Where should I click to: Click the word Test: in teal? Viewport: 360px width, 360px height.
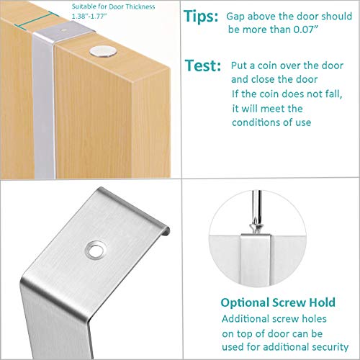coord(202,66)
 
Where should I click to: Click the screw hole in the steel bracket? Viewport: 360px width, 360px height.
coord(94,248)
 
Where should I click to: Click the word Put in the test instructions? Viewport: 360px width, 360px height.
coord(239,64)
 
